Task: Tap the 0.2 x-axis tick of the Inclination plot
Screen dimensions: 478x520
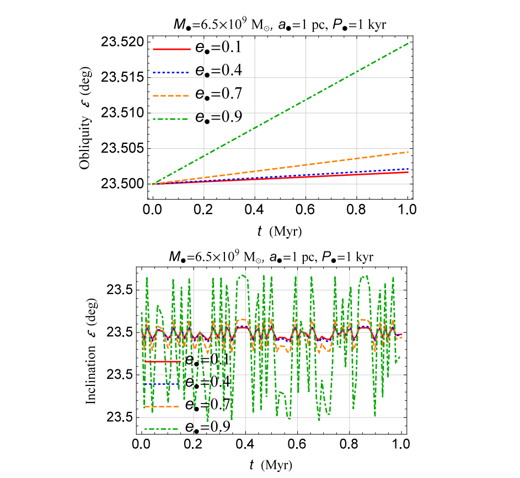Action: click(x=194, y=443)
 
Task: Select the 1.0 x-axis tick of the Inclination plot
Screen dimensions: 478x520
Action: click(x=401, y=443)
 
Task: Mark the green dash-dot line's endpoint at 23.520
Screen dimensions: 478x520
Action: click(x=408, y=42)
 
